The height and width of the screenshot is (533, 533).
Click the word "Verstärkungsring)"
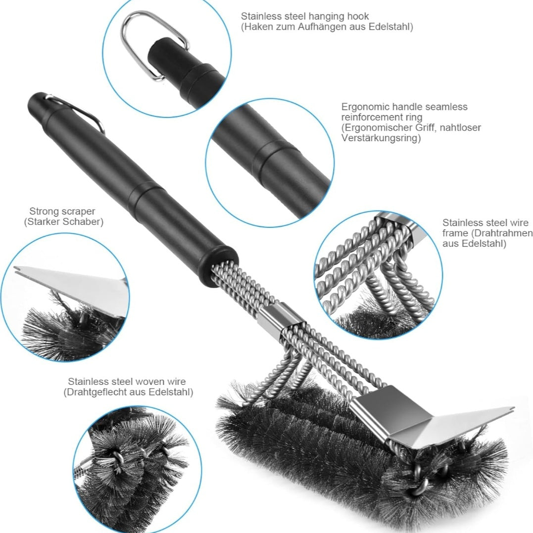(381, 138)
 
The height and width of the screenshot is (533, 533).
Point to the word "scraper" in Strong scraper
(79, 212)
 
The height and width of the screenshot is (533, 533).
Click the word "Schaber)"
(84, 222)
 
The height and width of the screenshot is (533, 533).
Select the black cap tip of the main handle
(37, 103)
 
